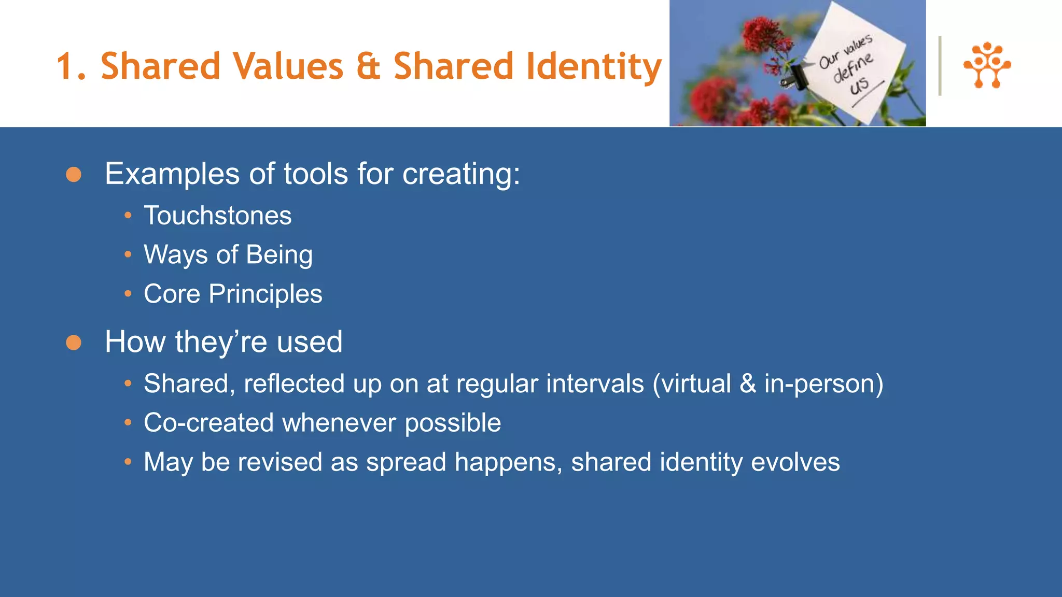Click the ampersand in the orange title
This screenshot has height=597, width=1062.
pos(368,67)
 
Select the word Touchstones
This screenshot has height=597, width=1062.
pos(217,216)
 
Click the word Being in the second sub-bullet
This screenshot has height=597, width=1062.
pos(279,255)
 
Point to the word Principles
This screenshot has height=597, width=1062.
pos(265,294)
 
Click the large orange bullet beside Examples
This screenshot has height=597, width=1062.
pos(74,175)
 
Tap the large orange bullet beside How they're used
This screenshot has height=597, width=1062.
pos(74,343)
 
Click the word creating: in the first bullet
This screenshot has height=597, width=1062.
pos(461,174)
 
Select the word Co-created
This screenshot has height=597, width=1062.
pos(209,423)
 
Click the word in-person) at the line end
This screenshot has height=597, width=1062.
pos(823,384)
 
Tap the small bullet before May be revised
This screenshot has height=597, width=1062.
pos(128,461)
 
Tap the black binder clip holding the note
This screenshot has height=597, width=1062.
pos(795,76)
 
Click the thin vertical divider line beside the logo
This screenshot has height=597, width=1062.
pos(940,65)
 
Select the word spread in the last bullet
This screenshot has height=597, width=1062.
pos(406,462)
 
